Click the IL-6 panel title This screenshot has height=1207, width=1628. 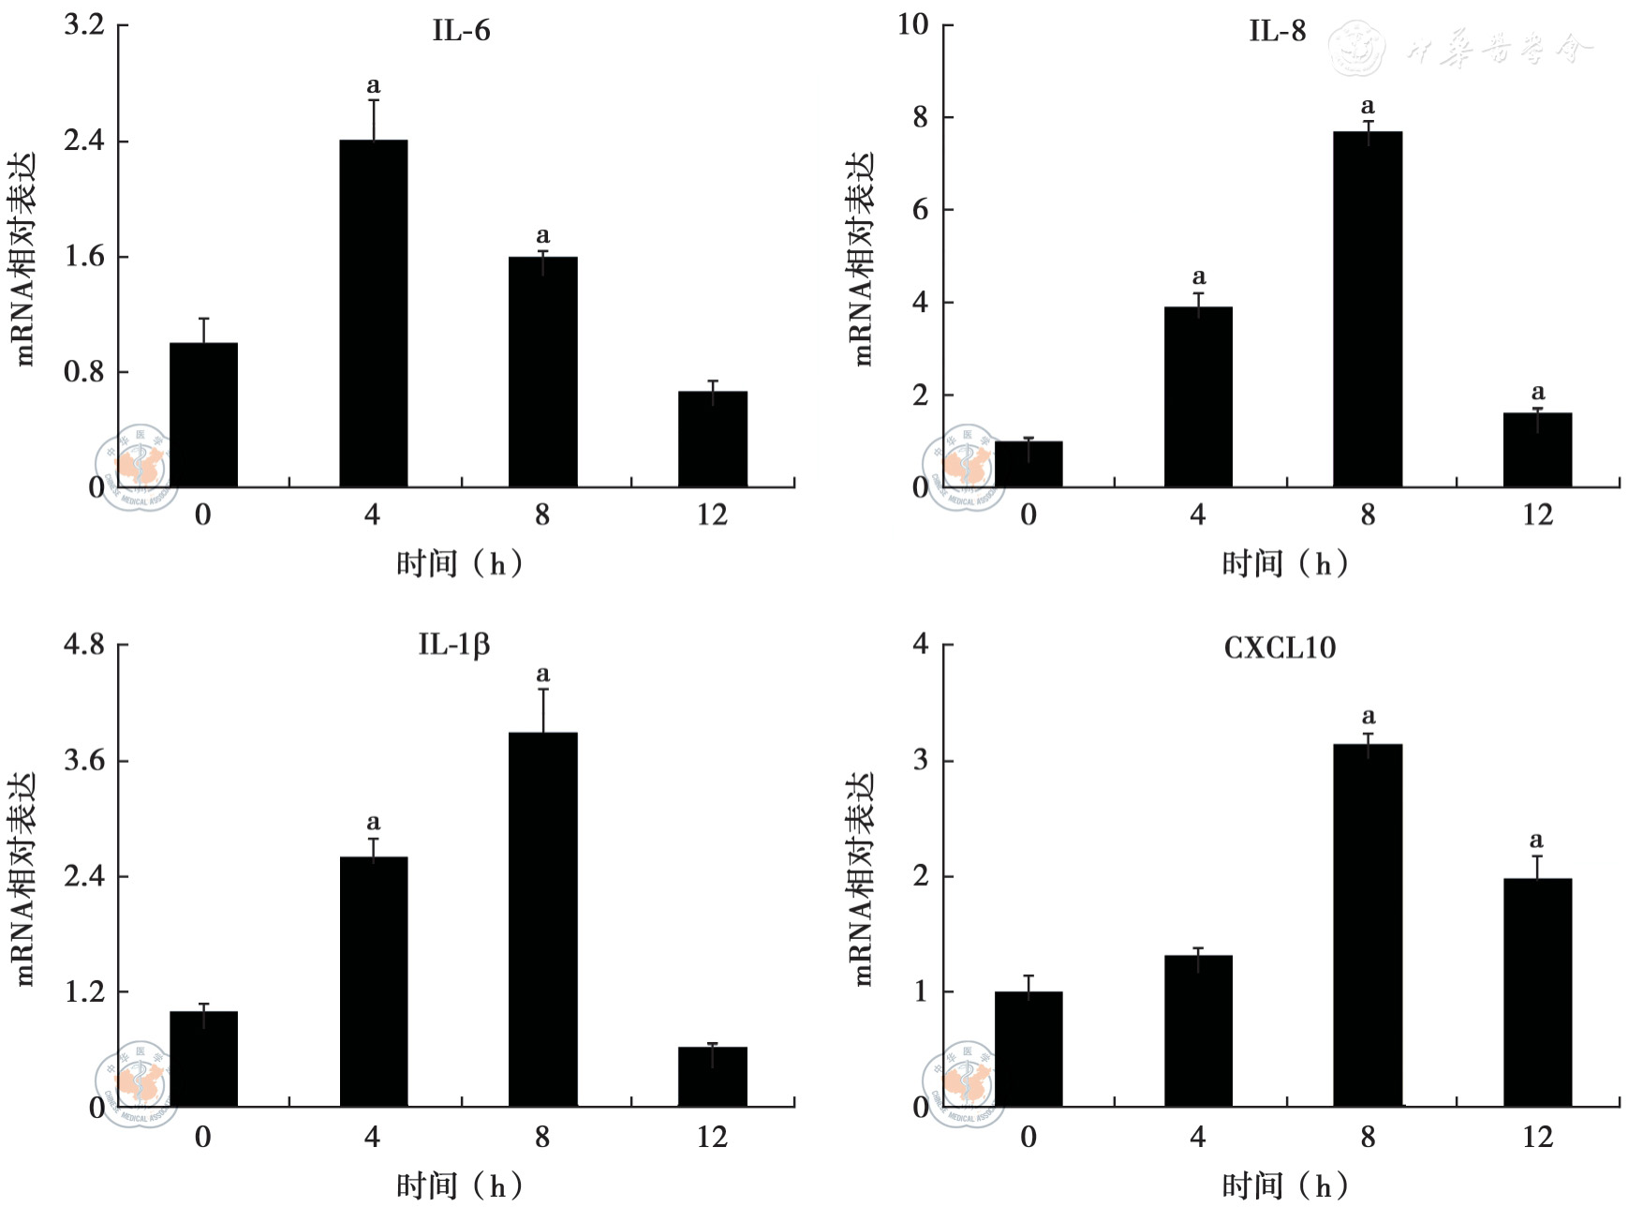point(461,31)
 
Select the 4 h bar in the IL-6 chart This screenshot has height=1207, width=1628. point(373,313)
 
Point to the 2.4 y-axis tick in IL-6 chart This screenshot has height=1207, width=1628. point(83,141)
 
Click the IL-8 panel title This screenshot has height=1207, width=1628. point(1277,31)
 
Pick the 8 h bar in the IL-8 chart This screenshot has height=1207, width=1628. point(1368,309)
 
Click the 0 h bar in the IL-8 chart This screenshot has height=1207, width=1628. point(1029,464)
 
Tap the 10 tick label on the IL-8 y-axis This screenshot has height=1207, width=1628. point(913,24)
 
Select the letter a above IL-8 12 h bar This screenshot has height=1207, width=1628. point(1537,392)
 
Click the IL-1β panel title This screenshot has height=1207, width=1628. point(453,645)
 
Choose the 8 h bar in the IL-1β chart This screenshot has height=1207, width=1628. point(543,918)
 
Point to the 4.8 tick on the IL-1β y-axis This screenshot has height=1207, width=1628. point(83,645)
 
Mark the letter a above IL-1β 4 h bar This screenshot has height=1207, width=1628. point(373,822)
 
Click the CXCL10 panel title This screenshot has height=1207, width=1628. point(1280,648)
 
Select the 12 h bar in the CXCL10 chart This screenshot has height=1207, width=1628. point(1537,992)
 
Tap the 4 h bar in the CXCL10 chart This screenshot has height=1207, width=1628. point(1198,1031)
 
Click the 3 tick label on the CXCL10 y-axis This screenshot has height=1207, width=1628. point(921,760)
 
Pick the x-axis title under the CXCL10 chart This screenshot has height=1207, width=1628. point(1284,1186)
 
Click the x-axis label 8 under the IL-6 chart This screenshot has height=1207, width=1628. point(542,514)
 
